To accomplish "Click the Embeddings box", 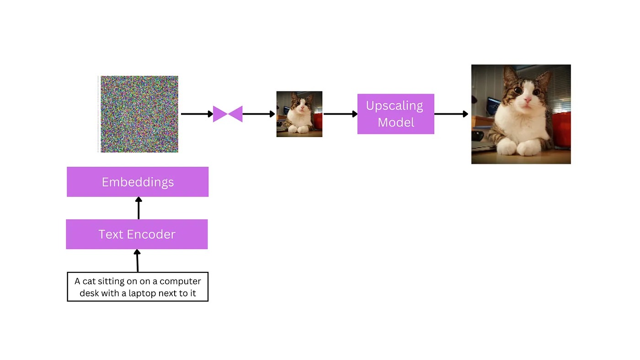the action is click(138, 182).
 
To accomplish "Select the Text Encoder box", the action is click(137, 234).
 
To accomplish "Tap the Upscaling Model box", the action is click(396, 114).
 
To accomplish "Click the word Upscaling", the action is click(394, 106).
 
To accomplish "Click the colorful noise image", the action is click(139, 114).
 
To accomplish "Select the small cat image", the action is click(299, 114).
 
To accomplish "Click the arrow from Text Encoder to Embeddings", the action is click(139, 208).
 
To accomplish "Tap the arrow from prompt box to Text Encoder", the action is click(138, 261).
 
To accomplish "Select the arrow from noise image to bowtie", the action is click(197, 114).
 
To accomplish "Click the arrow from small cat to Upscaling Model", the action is click(341, 114).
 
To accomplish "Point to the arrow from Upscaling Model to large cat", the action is click(451, 114).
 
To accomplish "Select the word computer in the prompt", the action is click(180, 281).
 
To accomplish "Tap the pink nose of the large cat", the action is click(527, 100).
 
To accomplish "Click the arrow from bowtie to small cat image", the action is click(259, 114).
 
